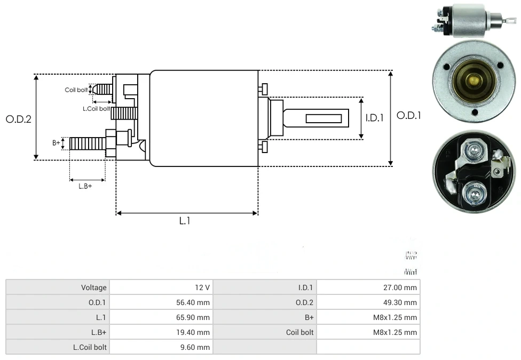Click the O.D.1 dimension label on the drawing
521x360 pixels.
408,115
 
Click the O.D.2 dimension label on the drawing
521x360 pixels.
19,119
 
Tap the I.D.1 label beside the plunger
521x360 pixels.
375,118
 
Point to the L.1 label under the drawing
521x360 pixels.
184,220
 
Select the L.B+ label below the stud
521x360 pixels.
85,186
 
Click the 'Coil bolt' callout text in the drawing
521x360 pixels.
76,90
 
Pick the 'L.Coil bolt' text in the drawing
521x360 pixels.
96,108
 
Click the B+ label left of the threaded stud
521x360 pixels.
56,143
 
